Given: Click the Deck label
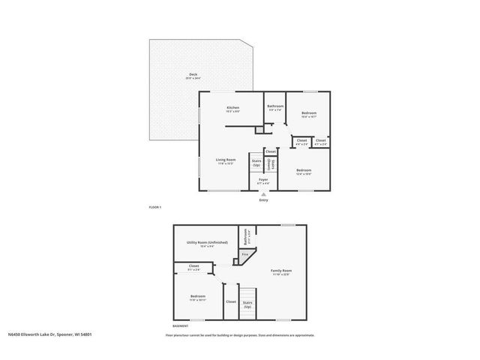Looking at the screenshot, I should click(193, 76).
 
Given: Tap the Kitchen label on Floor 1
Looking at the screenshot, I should click(232, 109).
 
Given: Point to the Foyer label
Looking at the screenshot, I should click(263, 181).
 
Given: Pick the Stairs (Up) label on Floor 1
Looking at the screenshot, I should click(256, 163).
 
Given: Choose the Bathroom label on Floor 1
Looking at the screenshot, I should click(275, 107).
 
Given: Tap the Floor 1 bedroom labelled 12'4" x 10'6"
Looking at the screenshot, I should click(304, 172).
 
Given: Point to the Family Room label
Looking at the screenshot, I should click(281, 271).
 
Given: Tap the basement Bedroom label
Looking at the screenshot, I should click(198, 297).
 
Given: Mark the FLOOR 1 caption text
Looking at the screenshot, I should click(155, 207).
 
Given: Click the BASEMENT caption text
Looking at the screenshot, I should click(181, 327).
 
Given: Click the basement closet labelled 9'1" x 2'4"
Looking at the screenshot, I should click(193, 267).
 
